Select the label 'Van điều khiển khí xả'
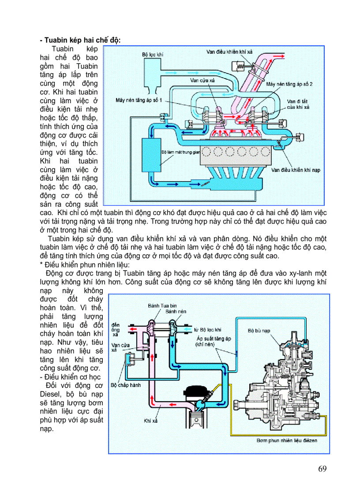[x=229, y=52]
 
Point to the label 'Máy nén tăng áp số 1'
[x=139, y=100]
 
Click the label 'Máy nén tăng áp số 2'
[x=289, y=83]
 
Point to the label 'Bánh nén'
[x=176, y=311]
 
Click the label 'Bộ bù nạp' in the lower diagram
[x=258, y=330]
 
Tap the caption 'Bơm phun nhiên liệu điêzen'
[x=286, y=440]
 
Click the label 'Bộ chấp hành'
[x=126, y=385]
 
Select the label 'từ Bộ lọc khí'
[x=207, y=329]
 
